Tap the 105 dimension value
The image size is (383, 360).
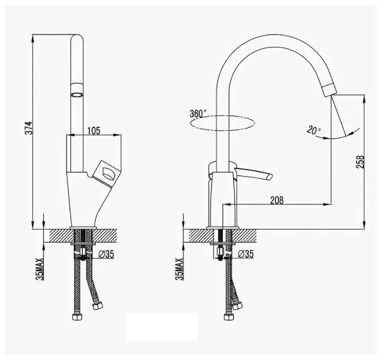93,131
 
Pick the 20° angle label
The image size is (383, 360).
314,131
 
